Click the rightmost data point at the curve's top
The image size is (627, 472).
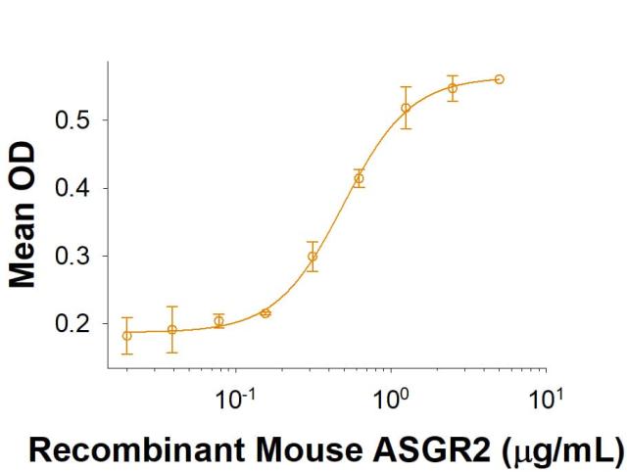click(x=500, y=78)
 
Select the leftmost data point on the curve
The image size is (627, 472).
click(x=126, y=335)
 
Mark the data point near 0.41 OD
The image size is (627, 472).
click(x=359, y=178)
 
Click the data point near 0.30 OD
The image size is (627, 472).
click(x=313, y=257)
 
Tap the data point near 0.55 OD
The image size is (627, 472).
click(x=453, y=88)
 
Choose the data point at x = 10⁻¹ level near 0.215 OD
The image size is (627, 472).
click(x=265, y=312)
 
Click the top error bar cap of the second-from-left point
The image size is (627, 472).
click(x=172, y=307)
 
